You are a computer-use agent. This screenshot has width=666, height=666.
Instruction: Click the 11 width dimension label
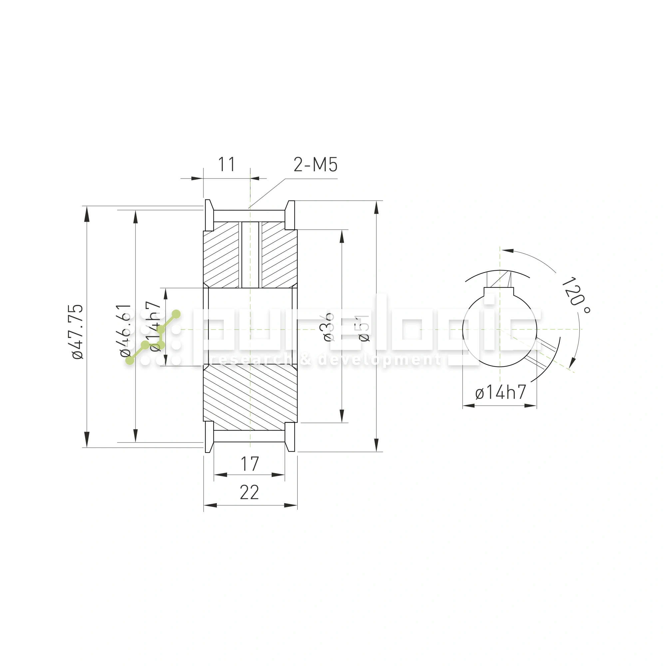pos(226,165)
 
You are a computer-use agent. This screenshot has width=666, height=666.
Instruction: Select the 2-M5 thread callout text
pos(315,165)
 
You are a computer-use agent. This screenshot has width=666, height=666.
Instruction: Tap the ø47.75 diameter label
pos(78,332)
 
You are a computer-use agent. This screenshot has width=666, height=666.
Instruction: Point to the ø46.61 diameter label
pos(126,330)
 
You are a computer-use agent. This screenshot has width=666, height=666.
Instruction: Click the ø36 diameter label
pos(329,327)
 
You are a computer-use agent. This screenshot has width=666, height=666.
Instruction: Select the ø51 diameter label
pos(364,328)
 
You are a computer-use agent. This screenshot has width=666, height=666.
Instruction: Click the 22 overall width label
pos(249,493)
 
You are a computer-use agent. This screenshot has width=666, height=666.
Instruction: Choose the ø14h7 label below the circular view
pos(500,393)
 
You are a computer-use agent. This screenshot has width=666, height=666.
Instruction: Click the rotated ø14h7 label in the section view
pos(156,326)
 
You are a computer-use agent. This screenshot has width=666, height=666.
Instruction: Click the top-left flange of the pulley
pos(209,215)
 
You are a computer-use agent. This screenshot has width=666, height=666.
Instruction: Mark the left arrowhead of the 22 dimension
pos(210,505)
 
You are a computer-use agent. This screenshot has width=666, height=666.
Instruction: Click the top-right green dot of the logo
pos(176,314)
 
